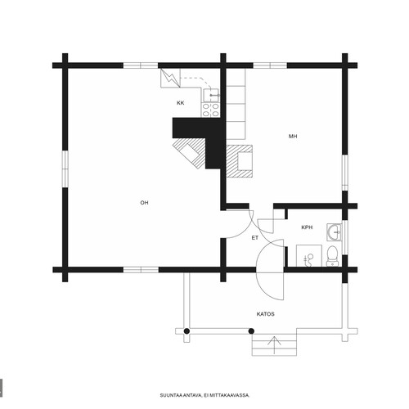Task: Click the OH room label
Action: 144,203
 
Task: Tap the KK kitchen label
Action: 180,103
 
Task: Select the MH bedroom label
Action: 293,136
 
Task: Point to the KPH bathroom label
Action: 307,227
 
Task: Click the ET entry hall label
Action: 255,238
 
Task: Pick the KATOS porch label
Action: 265,314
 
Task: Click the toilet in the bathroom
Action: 332,256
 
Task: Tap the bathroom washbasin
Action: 334,232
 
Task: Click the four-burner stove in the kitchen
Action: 210,110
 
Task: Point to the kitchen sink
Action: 210,95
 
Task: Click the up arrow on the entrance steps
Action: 274,345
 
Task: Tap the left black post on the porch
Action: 187,331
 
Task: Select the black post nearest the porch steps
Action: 251,331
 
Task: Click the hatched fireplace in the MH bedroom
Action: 240,161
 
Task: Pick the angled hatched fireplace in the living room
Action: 189,153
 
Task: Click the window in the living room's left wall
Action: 65,169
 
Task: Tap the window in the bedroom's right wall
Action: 345,173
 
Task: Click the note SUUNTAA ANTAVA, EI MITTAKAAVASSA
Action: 204,395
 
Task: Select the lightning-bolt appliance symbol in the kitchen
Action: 170,78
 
